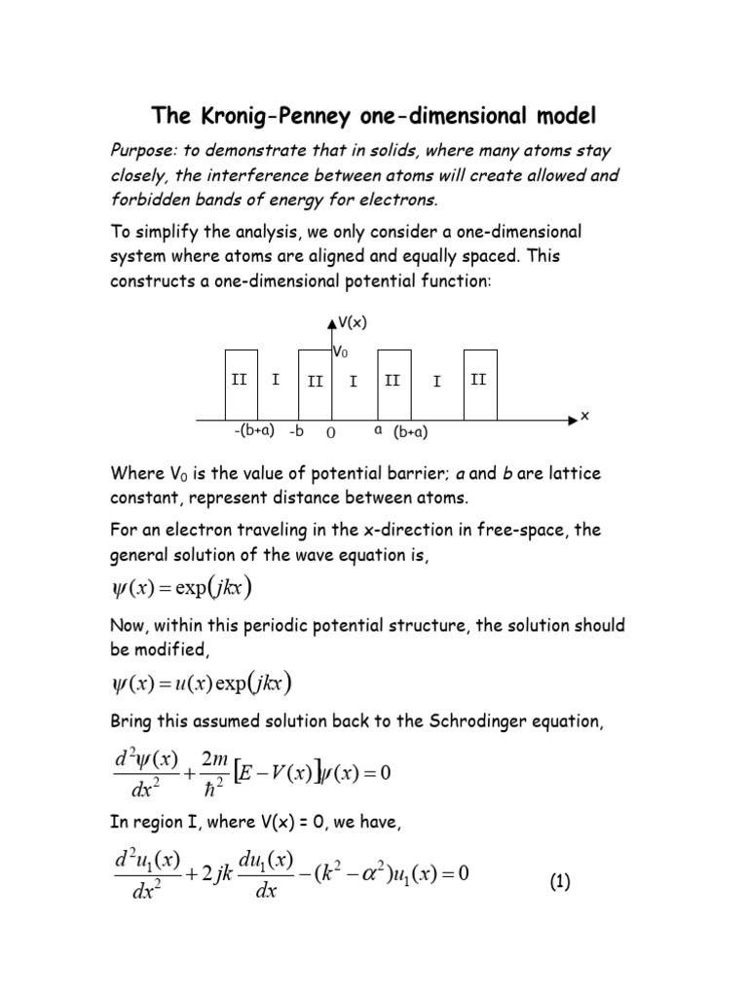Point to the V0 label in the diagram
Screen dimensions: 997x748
point(340,351)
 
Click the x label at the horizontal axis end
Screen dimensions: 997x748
point(584,416)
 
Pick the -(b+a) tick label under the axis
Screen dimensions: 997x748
point(254,429)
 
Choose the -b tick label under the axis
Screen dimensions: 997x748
point(297,430)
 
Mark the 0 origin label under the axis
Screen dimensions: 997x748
point(331,432)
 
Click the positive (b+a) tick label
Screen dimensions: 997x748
point(411,432)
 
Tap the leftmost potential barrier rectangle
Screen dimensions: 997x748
point(242,384)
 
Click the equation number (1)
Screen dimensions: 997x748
point(560,882)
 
